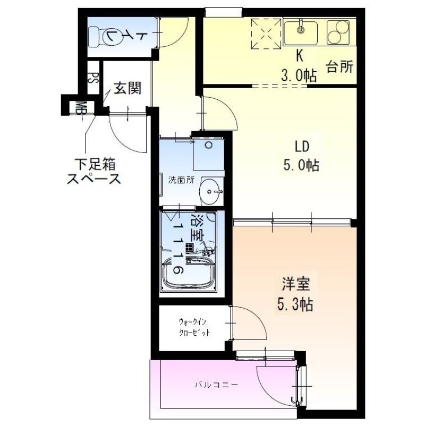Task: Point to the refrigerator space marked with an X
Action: point(267,32)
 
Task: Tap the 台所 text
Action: point(338,67)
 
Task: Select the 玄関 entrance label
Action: point(126,87)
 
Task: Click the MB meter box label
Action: point(81,108)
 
